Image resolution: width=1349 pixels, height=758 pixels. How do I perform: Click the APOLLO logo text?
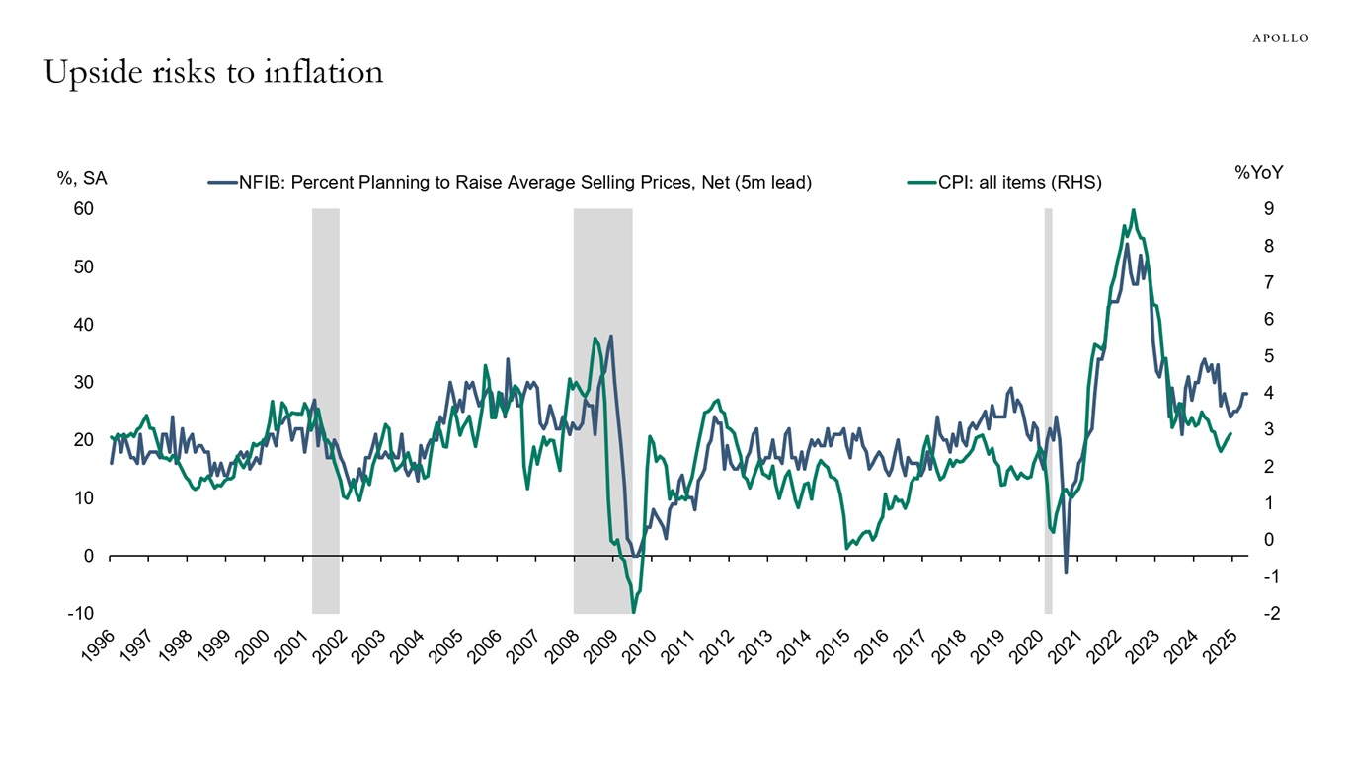pyautogui.click(x=1280, y=38)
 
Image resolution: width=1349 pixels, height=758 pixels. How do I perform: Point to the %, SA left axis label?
pyautogui.click(x=82, y=179)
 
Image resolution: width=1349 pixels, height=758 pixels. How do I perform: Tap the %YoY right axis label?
pyautogui.click(x=1259, y=173)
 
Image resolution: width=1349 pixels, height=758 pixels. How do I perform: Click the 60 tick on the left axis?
pyautogui.click(x=83, y=209)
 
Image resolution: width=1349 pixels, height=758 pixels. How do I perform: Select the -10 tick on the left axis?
pyautogui.click(x=81, y=614)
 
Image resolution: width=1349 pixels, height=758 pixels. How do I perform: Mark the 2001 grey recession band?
pyautogui.click(x=326, y=410)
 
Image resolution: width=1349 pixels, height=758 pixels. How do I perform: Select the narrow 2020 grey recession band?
pyautogui.click(x=1048, y=410)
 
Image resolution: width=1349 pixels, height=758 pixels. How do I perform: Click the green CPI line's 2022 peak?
pyautogui.click(x=1133, y=210)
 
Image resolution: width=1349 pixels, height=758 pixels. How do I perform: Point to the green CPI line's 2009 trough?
pyautogui.click(x=633, y=612)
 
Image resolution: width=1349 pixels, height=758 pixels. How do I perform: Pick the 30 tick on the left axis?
pyautogui.click(x=83, y=383)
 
